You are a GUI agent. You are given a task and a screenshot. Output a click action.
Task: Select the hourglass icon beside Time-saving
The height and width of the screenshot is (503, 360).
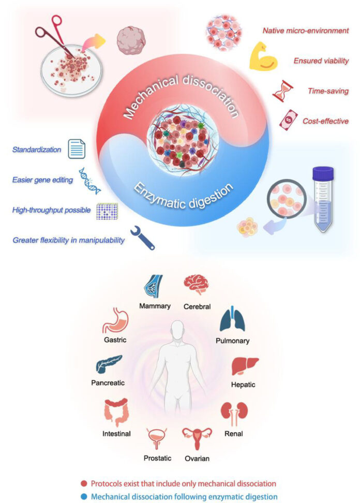[281, 91]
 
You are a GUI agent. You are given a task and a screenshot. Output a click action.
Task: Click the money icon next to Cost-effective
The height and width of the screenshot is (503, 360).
[288, 121]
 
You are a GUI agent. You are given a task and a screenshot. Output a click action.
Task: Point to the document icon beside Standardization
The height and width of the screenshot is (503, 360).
[76, 150]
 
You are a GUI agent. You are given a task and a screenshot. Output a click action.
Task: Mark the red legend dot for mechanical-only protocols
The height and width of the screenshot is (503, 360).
[83, 483]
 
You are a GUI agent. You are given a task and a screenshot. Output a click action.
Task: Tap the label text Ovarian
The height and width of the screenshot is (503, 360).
[198, 458]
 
